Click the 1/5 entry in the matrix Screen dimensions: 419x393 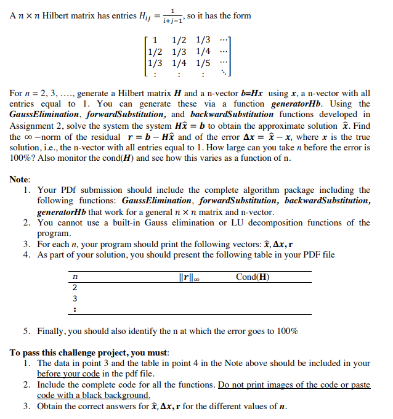203,62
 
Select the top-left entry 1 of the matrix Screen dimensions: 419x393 155,40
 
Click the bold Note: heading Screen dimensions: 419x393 20,179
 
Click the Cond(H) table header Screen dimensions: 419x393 252,277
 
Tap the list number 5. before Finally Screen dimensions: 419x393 28,331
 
